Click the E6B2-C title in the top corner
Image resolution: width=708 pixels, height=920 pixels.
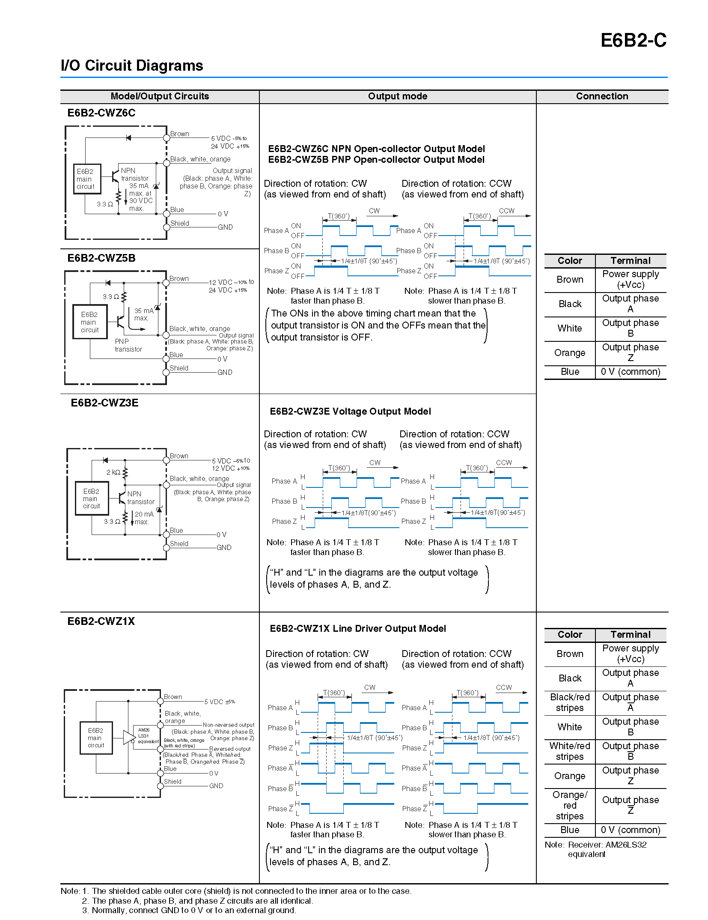point(633,40)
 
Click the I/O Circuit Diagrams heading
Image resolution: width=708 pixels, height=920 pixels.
point(132,66)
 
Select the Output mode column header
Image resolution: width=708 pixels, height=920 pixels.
point(397,96)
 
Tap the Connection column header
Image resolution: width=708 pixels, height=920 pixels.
point(602,96)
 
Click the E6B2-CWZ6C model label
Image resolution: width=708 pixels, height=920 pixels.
point(101,113)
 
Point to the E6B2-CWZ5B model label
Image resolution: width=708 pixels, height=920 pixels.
point(101,258)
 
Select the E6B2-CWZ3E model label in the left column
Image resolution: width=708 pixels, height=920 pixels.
point(104,403)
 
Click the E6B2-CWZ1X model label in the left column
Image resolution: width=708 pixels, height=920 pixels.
point(101,621)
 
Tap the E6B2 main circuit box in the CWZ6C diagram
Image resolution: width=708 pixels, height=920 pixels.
point(87,179)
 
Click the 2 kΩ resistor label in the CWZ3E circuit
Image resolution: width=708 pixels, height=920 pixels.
point(113,472)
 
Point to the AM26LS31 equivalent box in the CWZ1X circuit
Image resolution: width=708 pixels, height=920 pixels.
point(146,736)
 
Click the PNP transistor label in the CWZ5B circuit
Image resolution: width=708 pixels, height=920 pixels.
point(128,345)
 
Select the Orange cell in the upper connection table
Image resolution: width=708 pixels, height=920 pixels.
point(570,353)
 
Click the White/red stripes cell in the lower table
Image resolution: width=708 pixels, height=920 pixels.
point(570,751)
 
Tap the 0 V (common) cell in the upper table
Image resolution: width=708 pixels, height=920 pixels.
point(631,372)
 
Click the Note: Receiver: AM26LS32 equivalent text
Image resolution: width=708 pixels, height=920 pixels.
point(595,850)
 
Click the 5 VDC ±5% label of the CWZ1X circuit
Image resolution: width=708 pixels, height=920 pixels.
point(220,702)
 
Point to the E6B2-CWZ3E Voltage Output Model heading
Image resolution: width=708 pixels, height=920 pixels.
point(350,412)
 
